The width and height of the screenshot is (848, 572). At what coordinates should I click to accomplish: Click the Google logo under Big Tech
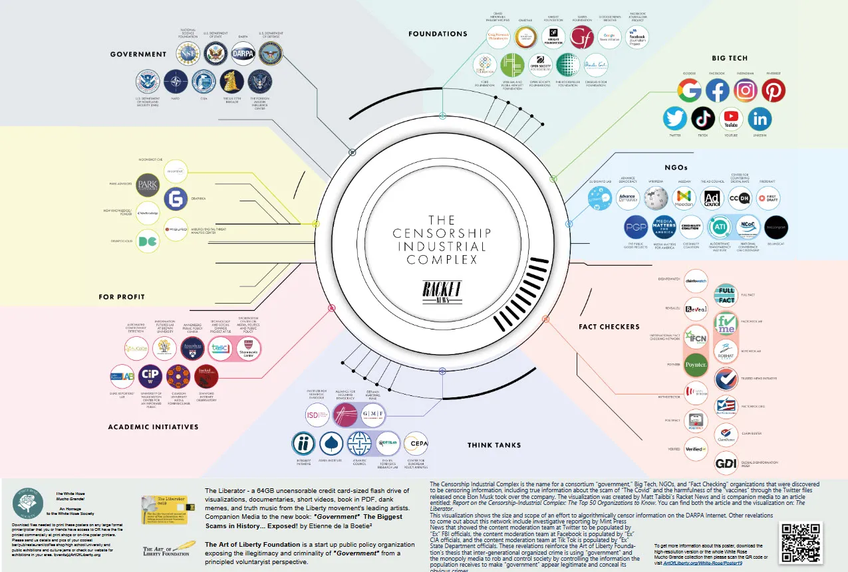690,90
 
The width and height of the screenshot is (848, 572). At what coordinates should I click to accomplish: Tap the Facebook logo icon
718,90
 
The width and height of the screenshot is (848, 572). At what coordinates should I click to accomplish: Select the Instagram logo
746,90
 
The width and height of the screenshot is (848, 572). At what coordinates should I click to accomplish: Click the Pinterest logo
774,90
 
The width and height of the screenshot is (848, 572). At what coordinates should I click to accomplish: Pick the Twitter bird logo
675,119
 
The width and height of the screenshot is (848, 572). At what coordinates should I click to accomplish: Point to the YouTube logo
731,119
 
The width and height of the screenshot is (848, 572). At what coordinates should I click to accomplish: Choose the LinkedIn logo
760,119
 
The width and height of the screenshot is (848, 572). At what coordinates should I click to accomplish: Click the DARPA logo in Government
243,53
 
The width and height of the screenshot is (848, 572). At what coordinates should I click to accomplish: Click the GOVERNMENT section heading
138,54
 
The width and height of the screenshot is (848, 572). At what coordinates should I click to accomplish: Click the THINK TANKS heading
494,445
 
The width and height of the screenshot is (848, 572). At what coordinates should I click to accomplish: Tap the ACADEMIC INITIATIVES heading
153,427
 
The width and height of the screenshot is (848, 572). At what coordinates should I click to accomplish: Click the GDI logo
725,463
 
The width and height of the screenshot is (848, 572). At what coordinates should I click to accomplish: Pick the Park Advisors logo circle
148,184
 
